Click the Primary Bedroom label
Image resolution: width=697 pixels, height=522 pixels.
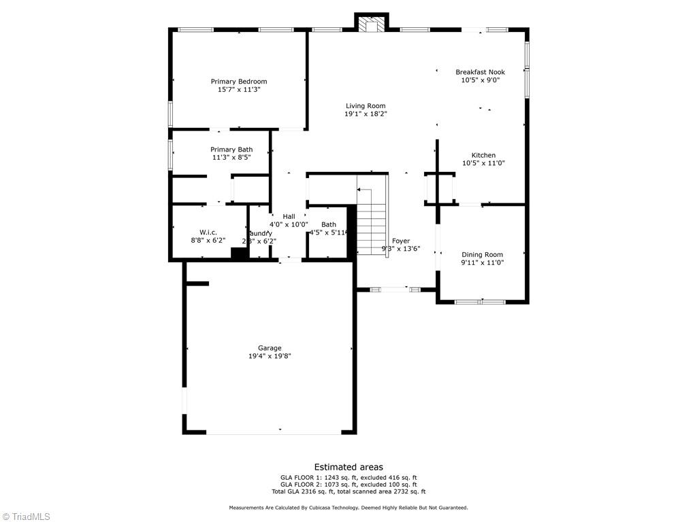point(238,82)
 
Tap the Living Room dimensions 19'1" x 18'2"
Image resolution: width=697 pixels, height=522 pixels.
point(366,114)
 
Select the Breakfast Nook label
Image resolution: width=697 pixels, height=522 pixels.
point(480,71)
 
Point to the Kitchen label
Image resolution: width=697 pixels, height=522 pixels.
point(483,155)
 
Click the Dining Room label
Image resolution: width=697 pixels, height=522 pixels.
point(482,255)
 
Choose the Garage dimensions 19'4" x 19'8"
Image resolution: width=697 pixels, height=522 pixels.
point(270,356)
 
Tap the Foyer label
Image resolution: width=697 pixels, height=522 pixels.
point(401,241)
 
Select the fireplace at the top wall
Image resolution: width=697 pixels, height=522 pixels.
point(371,25)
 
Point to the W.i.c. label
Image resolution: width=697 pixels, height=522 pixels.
point(208,232)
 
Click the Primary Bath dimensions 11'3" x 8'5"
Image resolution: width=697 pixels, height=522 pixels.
point(231,158)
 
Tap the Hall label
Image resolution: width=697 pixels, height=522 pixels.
point(289,216)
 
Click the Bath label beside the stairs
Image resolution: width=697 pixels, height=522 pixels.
point(329,224)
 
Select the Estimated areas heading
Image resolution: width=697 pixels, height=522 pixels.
point(348,467)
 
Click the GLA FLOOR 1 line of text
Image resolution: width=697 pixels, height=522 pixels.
point(348,477)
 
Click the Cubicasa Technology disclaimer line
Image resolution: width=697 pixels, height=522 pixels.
point(348,508)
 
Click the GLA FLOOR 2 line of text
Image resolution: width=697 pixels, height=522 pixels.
point(348,485)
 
